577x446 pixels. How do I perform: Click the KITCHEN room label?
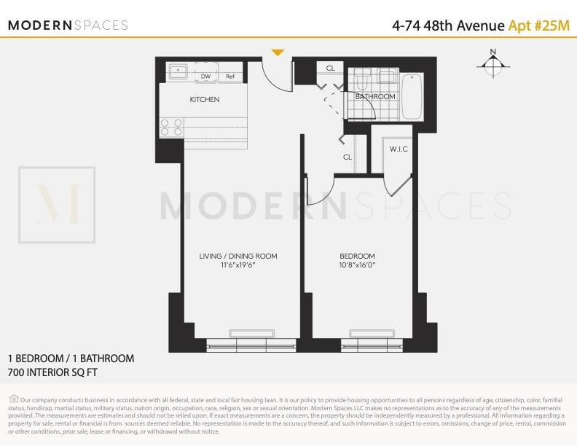(x=205, y=100)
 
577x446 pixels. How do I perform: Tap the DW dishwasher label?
(x=206, y=77)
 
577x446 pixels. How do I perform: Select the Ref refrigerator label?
(x=230, y=77)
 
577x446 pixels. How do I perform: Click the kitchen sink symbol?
(x=178, y=72)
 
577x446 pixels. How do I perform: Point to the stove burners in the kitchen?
(x=171, y=128)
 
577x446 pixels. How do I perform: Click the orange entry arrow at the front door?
(x=277, y=52)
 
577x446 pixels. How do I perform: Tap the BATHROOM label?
(x=375, y=97)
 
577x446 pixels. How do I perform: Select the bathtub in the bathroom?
(x=412, y=96)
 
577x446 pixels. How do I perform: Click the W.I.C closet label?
(x=398, y=150)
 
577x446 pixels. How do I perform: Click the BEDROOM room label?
(x=357, y=257)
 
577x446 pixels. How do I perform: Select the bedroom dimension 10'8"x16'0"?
(x=357, y=265)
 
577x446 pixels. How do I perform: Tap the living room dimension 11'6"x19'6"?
(x=238, y=265)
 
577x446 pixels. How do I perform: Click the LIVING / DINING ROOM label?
(x=238, y=257)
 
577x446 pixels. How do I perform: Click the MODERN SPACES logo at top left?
(x=68, y=26)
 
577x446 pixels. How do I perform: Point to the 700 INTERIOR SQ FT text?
(x=52, y=372)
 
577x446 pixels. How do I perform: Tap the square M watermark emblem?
(x=57, y=206)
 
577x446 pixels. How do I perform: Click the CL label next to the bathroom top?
(x=331, y=69)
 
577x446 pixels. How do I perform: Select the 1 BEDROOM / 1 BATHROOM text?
(x=71, y=359)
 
